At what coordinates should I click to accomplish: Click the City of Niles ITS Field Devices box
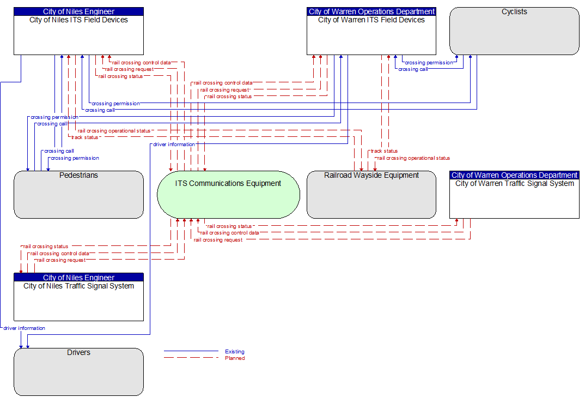point(79,31)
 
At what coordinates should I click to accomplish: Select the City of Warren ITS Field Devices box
point(371,31)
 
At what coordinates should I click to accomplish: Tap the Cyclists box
point(515,31)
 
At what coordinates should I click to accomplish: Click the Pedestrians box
point(79,195)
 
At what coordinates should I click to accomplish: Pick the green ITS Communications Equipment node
point(228,195)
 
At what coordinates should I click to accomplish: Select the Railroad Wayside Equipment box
point(371,195)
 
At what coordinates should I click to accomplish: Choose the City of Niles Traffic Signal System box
point(79,297)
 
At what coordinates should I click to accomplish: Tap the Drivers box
point(79,372)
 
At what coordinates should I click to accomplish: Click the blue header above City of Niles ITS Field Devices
point(79,11)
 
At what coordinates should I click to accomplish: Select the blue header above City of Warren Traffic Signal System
point(515,175)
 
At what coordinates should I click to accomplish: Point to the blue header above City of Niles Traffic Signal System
point(79,277)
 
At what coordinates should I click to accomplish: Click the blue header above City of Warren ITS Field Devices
point(371,11)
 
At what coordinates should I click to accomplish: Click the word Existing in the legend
point(235,351)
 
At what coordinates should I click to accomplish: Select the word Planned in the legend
point(235,358)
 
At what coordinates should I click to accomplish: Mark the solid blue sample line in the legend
point(191,351)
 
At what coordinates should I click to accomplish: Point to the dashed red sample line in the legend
point(191,358)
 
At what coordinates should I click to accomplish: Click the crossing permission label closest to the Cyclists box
point(429,63)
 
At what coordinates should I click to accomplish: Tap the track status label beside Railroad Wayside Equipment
point(384,151)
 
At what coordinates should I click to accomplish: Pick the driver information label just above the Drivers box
point(25,328)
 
